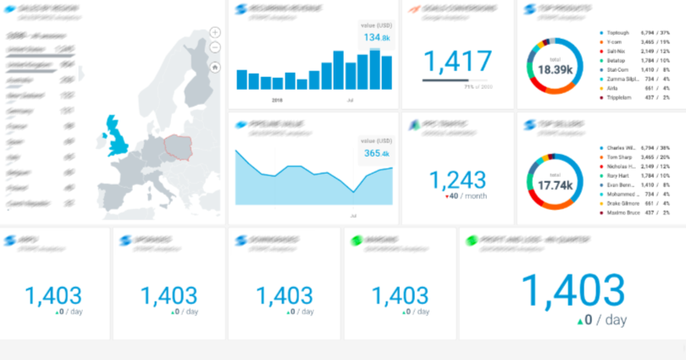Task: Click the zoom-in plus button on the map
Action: tap(215, 32)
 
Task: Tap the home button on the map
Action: tap(215, 66)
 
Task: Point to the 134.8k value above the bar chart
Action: tap(377, 38)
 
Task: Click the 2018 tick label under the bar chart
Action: tap(277, 99)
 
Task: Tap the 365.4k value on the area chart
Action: tap(377, 153)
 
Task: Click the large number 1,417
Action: tap(456, 61)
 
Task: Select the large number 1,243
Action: tap(457, 180)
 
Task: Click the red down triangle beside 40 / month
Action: tap(446, 197)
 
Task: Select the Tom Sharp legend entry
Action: tap(620, 157)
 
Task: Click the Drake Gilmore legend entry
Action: tap(623, 203)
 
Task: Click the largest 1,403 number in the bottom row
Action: tap(573, 291)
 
